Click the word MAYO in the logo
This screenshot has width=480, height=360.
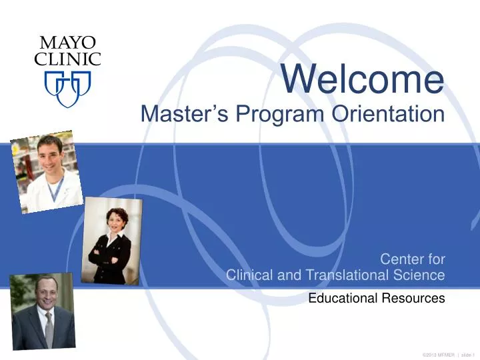67,43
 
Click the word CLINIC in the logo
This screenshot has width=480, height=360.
67,59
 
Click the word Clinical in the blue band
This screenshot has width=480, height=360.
254,275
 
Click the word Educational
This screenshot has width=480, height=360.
343,299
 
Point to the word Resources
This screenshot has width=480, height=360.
413,299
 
